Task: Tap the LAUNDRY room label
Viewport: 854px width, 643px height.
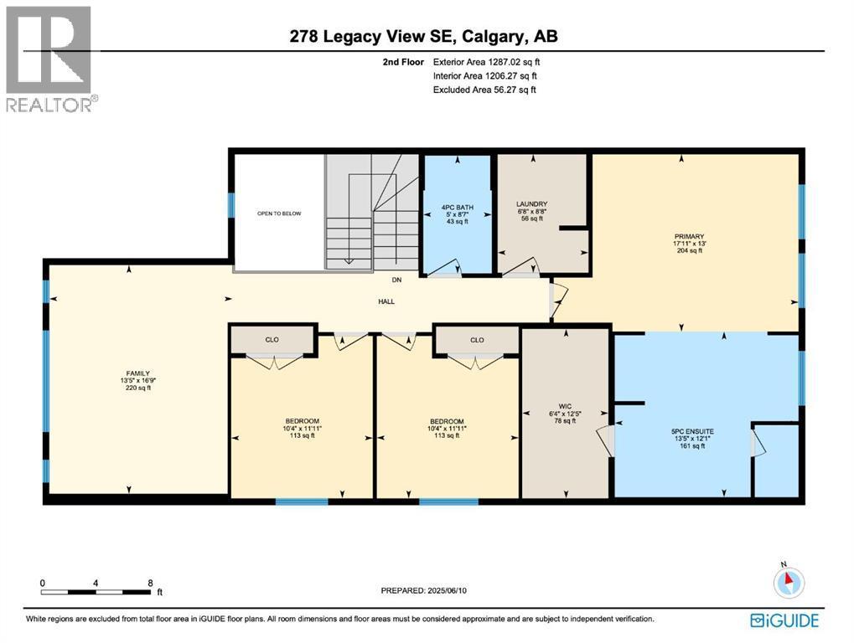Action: [x=531, y=204]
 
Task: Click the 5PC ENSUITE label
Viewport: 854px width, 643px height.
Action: [x=691, y=431]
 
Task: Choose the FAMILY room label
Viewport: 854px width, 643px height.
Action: [x=138, y=374]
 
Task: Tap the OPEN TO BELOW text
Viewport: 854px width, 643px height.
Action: [x=278, y=213]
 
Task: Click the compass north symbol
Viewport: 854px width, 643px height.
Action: [x=789, y=582]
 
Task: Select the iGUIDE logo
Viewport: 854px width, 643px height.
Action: [x=785, y=620]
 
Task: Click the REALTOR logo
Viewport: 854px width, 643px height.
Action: [x=51, y=59]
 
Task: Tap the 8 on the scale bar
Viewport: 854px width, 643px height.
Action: [x=150, y=583]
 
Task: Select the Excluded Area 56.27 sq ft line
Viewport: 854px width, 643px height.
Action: [x=484, y=90]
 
